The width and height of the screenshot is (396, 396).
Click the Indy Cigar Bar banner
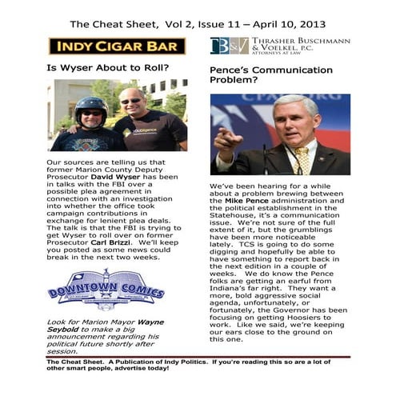coord(117,46)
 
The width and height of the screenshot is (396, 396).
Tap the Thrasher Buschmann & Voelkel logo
coord(280,46)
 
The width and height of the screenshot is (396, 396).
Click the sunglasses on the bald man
coord(130,101)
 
